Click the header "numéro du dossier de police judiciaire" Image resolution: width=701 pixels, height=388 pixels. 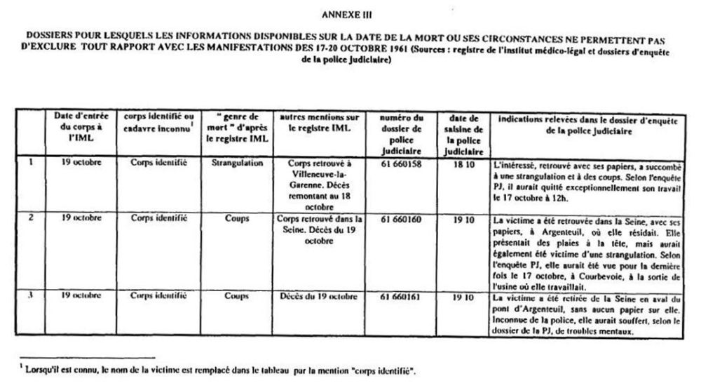click(404, 133)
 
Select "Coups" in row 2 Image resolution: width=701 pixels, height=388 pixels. click(236, 218)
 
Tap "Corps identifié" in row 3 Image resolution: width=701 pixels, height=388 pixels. click(158, 295)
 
